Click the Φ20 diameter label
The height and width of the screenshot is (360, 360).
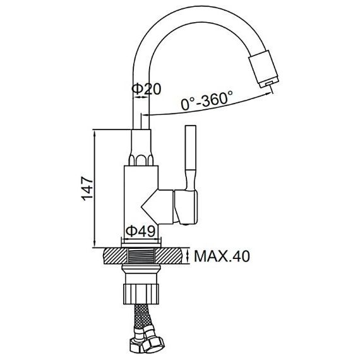tap(147, 89)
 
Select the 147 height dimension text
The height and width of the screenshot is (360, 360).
tap(88, 188)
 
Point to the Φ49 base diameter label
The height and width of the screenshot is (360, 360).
tap(140, 231)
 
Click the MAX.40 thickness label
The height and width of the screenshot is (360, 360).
tap(222, 256)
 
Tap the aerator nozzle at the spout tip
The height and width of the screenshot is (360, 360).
tap(264, 68)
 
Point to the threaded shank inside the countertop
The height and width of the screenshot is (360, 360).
tap(141, 256)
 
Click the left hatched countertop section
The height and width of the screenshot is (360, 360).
tap(115, 256)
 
